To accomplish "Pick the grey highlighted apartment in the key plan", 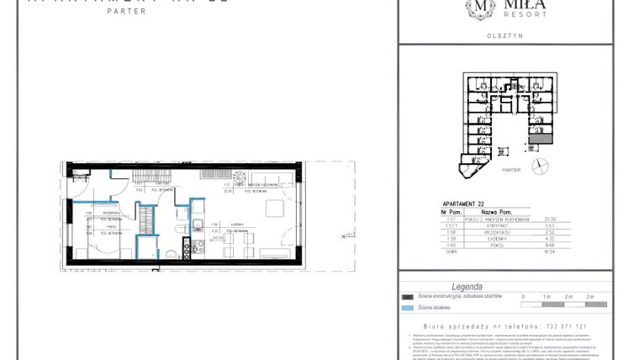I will tap(544, 139).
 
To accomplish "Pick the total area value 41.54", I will tap(552, 251).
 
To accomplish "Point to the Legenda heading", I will tap(467, 287).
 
